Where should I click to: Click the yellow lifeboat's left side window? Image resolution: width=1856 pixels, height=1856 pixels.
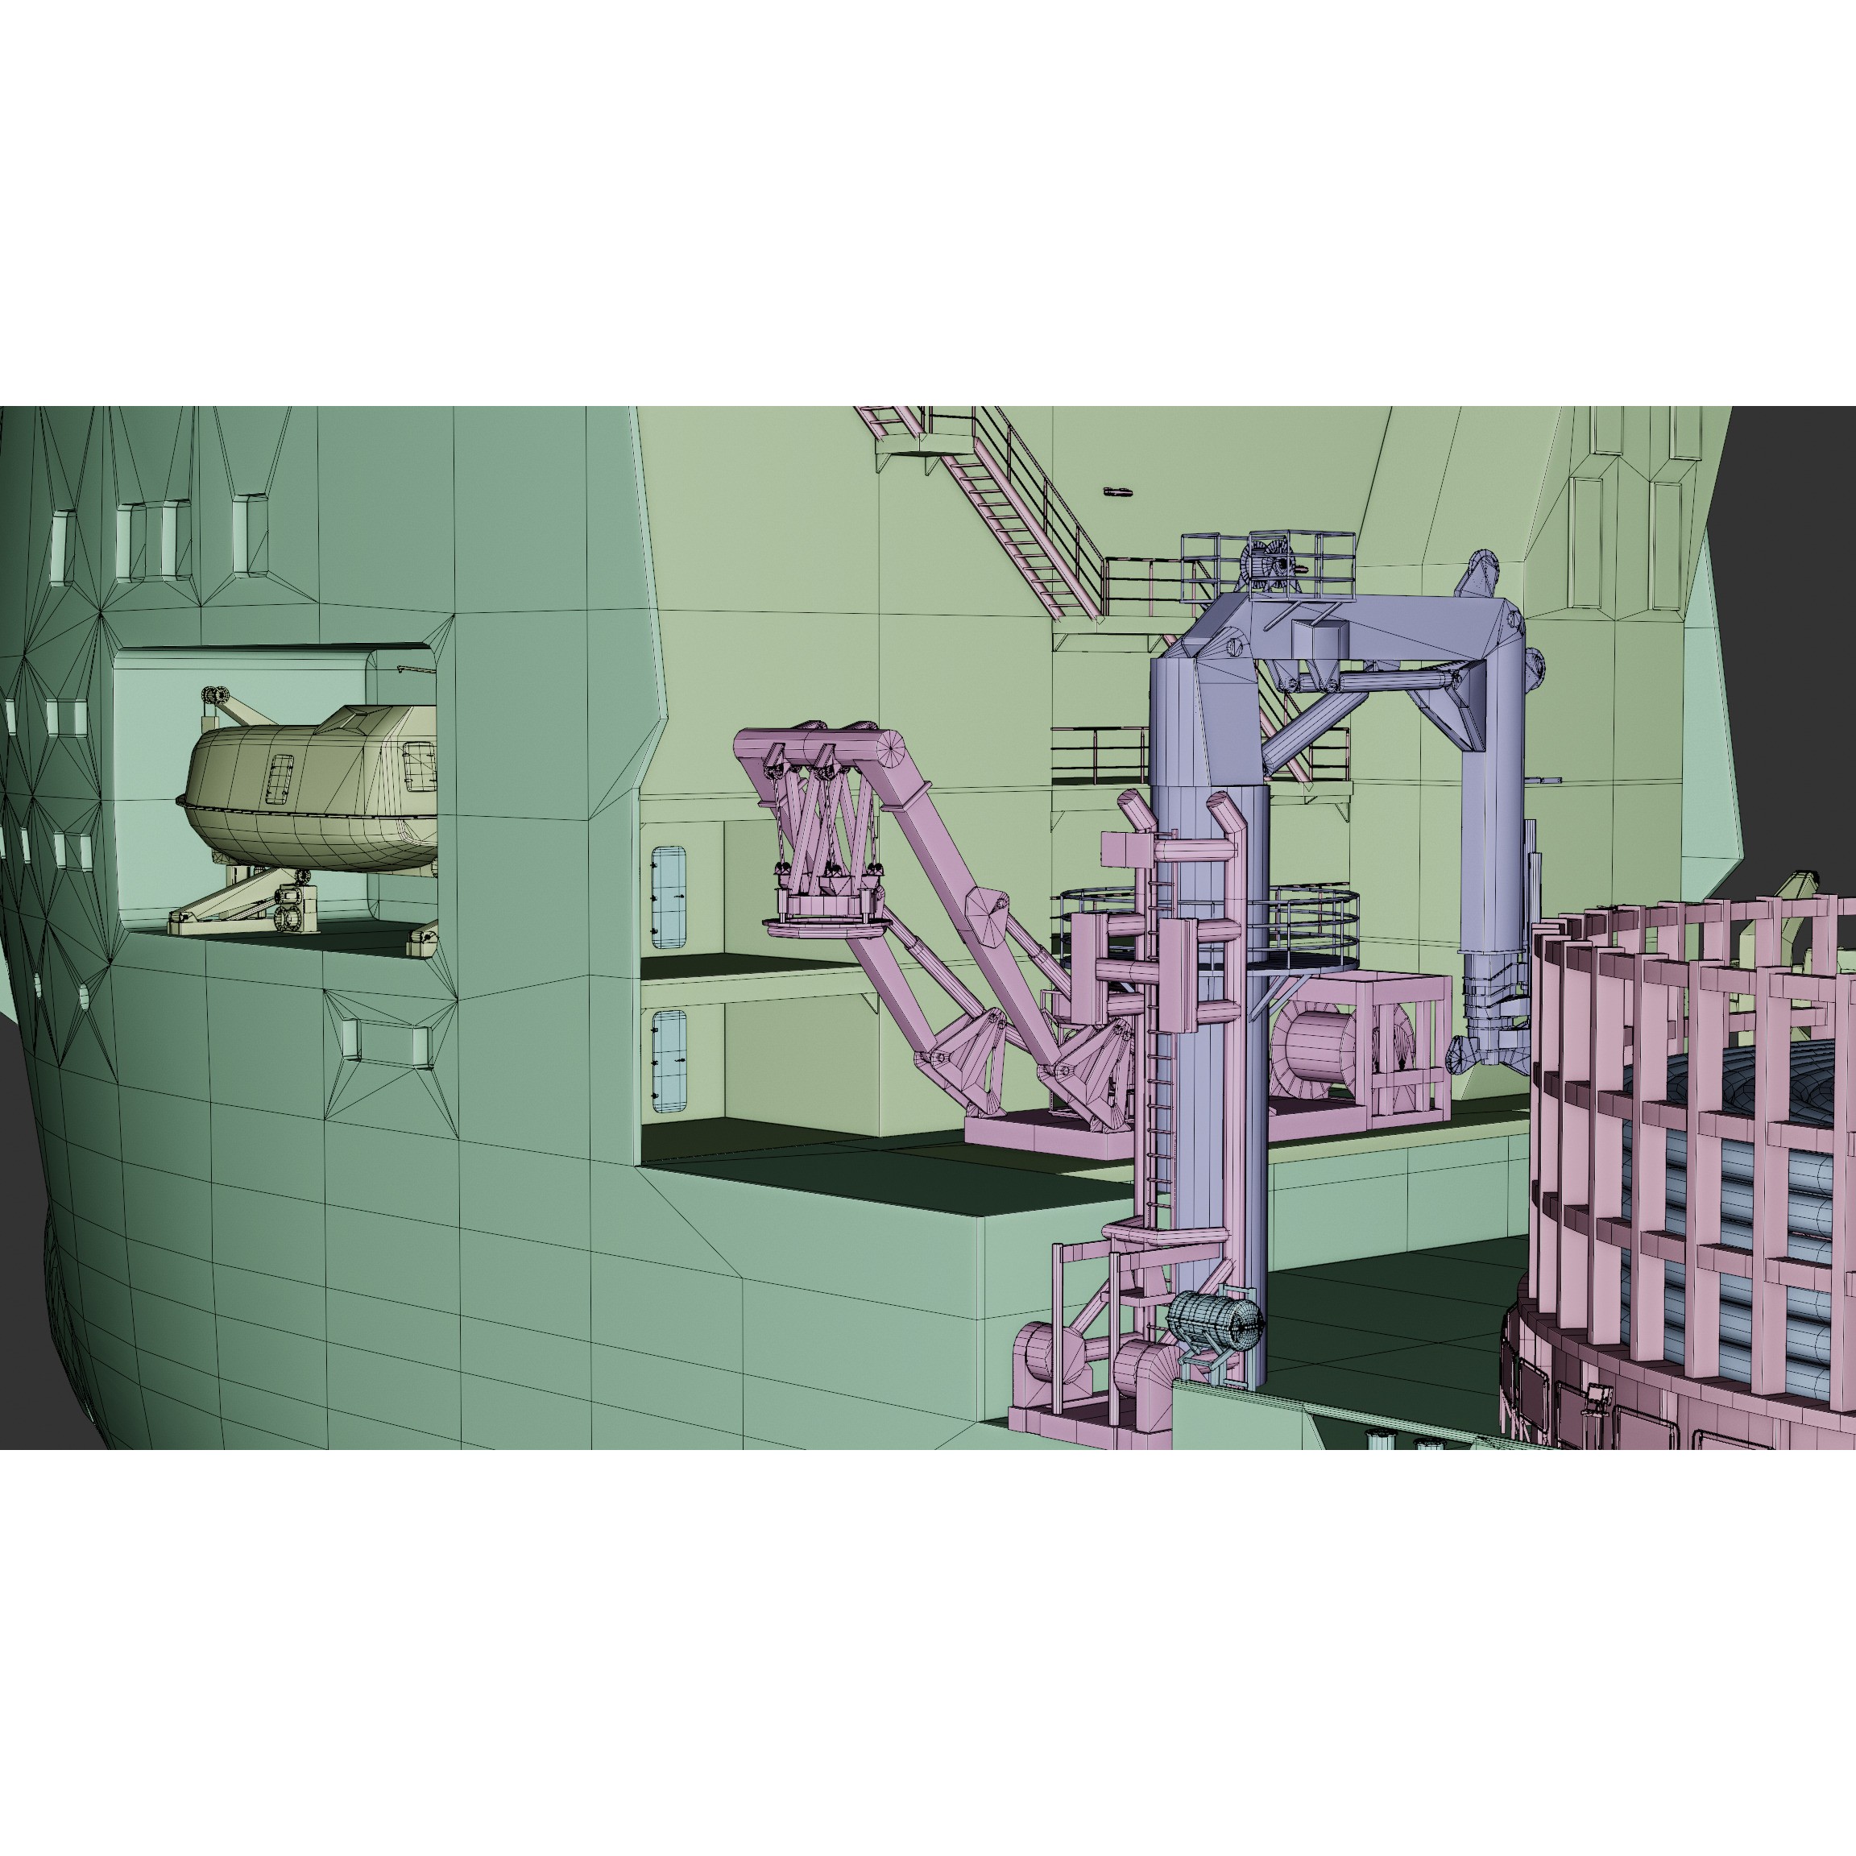tap(280, 778)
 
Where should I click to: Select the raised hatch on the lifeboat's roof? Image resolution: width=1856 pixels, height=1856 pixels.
tap(359, 719)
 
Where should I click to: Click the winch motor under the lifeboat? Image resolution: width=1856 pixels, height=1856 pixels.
tap(293, 908)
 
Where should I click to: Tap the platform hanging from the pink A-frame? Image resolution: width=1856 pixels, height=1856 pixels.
tap(824, 924)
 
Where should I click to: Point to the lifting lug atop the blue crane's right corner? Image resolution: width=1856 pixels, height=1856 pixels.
tap(1481, 573)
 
